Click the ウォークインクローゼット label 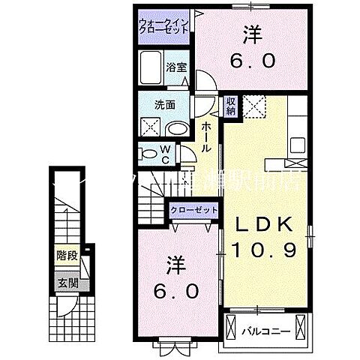(x=163, y=28)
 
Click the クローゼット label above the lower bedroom (x=193, y=211)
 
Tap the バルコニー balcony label (x=262, y=328)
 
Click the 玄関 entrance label (x=67, y=283)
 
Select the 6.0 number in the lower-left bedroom (x=177, y=289)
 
